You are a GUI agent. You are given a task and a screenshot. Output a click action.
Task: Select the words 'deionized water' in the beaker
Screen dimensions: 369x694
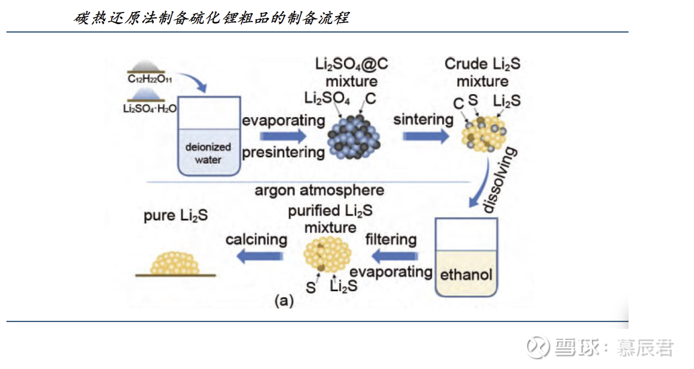208,154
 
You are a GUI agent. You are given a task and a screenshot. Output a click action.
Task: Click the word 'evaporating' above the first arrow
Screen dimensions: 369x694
284,121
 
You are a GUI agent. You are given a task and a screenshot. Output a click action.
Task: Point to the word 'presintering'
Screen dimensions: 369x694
284,152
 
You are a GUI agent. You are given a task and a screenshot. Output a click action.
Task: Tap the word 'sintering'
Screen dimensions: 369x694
423,120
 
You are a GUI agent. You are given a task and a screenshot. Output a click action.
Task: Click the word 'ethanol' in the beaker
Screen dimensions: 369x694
466,275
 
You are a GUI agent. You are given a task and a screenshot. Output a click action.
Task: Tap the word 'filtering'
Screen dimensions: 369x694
391,240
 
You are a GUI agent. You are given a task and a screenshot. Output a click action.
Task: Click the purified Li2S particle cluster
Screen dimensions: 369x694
328,253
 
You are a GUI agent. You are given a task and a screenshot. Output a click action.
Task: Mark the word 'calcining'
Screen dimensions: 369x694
256,240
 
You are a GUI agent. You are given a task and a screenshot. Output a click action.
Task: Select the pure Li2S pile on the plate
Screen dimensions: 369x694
175,263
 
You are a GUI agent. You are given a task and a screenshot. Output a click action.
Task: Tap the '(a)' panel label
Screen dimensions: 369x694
284,301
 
